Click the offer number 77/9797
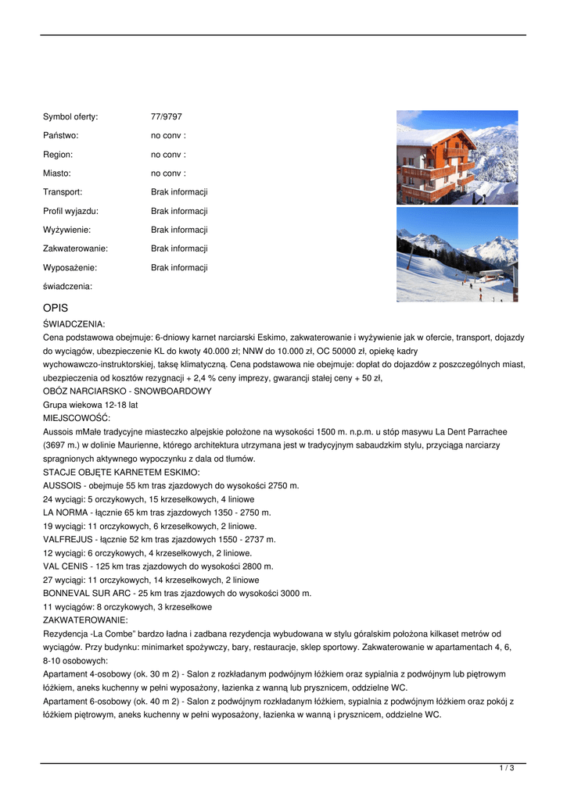166,117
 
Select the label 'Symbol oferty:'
70,117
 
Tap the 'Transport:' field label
63,192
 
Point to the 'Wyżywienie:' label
67,230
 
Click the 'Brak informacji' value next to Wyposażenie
179,267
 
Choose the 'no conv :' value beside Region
168,155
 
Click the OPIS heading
56,309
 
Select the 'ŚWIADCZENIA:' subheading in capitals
74,323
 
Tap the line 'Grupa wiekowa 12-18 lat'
90,405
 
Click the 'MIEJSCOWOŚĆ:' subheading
77,418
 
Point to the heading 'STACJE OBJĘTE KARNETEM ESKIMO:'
121,473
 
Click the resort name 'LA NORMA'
66,512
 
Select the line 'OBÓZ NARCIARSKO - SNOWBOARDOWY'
127,391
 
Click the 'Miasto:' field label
57,173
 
